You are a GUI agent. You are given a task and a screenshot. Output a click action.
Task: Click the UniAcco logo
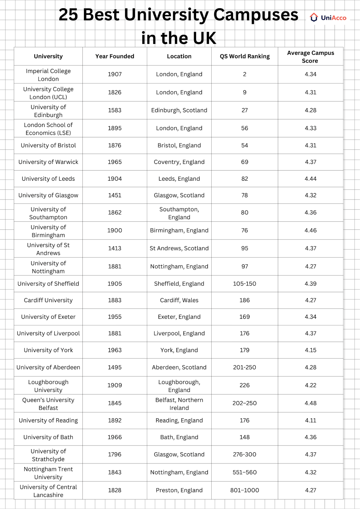pyautogui.click(x=328, y=18)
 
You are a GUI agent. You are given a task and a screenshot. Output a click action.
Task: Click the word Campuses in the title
pyautogui.click(x=256, y=15)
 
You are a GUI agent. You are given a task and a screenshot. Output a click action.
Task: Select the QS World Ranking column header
pyautogui.click(x=244, y=56)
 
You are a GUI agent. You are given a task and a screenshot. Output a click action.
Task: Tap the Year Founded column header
pyautogui.click(x=115, y=56)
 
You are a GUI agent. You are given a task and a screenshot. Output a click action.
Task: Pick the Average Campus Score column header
pyautogui.click(x=310, y=57)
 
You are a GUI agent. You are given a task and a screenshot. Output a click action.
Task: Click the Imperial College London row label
pyautogui.click(x=48, y=75)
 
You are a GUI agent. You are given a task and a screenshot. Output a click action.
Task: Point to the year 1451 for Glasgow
pyautogui.click(x=115, y=195)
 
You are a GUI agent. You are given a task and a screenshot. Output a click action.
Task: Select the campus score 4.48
pyautogui.click(x=310, y=403)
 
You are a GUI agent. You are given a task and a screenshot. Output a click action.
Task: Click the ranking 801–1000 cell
pyautogui.click(x=244, y=490)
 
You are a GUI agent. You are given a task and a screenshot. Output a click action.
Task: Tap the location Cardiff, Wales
pyautogui.click(x=179, y=300)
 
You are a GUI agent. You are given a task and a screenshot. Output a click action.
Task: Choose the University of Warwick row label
pyautogui.click(x=48, y=162)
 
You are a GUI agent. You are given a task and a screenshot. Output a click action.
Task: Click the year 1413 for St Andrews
pyautogui.click(x=115, y=248)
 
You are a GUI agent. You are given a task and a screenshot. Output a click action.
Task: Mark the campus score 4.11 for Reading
pyautogui.click(x=310, y=420)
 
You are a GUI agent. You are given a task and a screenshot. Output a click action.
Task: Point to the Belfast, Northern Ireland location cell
pyautogui.click(x=179, y=404)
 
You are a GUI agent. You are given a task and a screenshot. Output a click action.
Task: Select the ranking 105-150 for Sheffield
pyautogui.click(x=244, y=283)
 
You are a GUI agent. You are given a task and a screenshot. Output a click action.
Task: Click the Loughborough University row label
pyautogui.click(x=48, y=386)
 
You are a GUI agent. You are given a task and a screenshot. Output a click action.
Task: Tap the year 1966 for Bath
pyautogui.click(x=115, y=437)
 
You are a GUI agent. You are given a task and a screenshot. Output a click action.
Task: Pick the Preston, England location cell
pyautogui.click(x=179, y=490)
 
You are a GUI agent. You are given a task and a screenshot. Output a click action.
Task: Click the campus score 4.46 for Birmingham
pyautogui.click(x=310, y=230)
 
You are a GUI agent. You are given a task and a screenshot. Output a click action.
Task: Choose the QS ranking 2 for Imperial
pyautogui.click(x=244, y=74)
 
